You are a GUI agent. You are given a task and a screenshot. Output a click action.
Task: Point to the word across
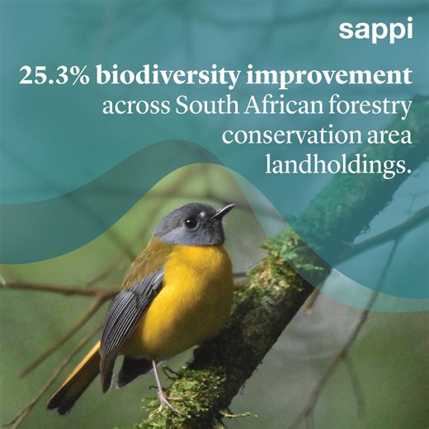(x=131, y=107)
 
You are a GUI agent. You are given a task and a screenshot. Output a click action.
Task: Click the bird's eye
(x=191, y=222)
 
